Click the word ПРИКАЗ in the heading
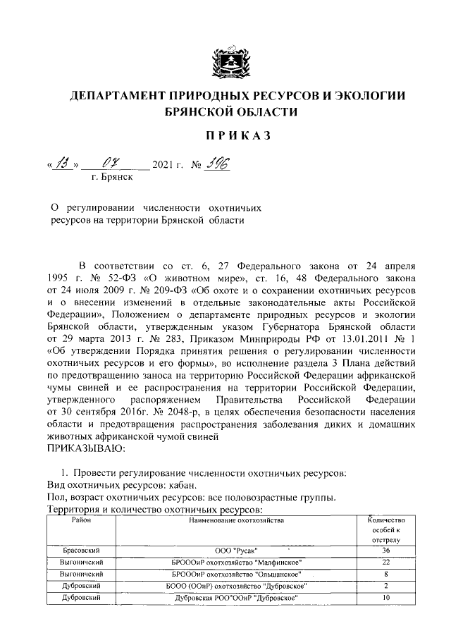pyautogui.click(x=225, y=135)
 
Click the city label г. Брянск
pyautogui.click(x=111, y=178)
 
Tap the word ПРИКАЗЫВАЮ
pyautogui.click(x=85, y=448)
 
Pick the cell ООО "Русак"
pyautogui.click(x=235, y=550)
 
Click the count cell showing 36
pyautogui.click(x=385, y=550)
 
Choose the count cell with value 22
pyautogui.click(x=385, y=562)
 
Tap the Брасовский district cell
pyautogui.click(x=79, y=550)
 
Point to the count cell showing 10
pyautogui.click(x=385, y=598)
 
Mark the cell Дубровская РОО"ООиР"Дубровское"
pyautogui.click(x=235, y=598)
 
